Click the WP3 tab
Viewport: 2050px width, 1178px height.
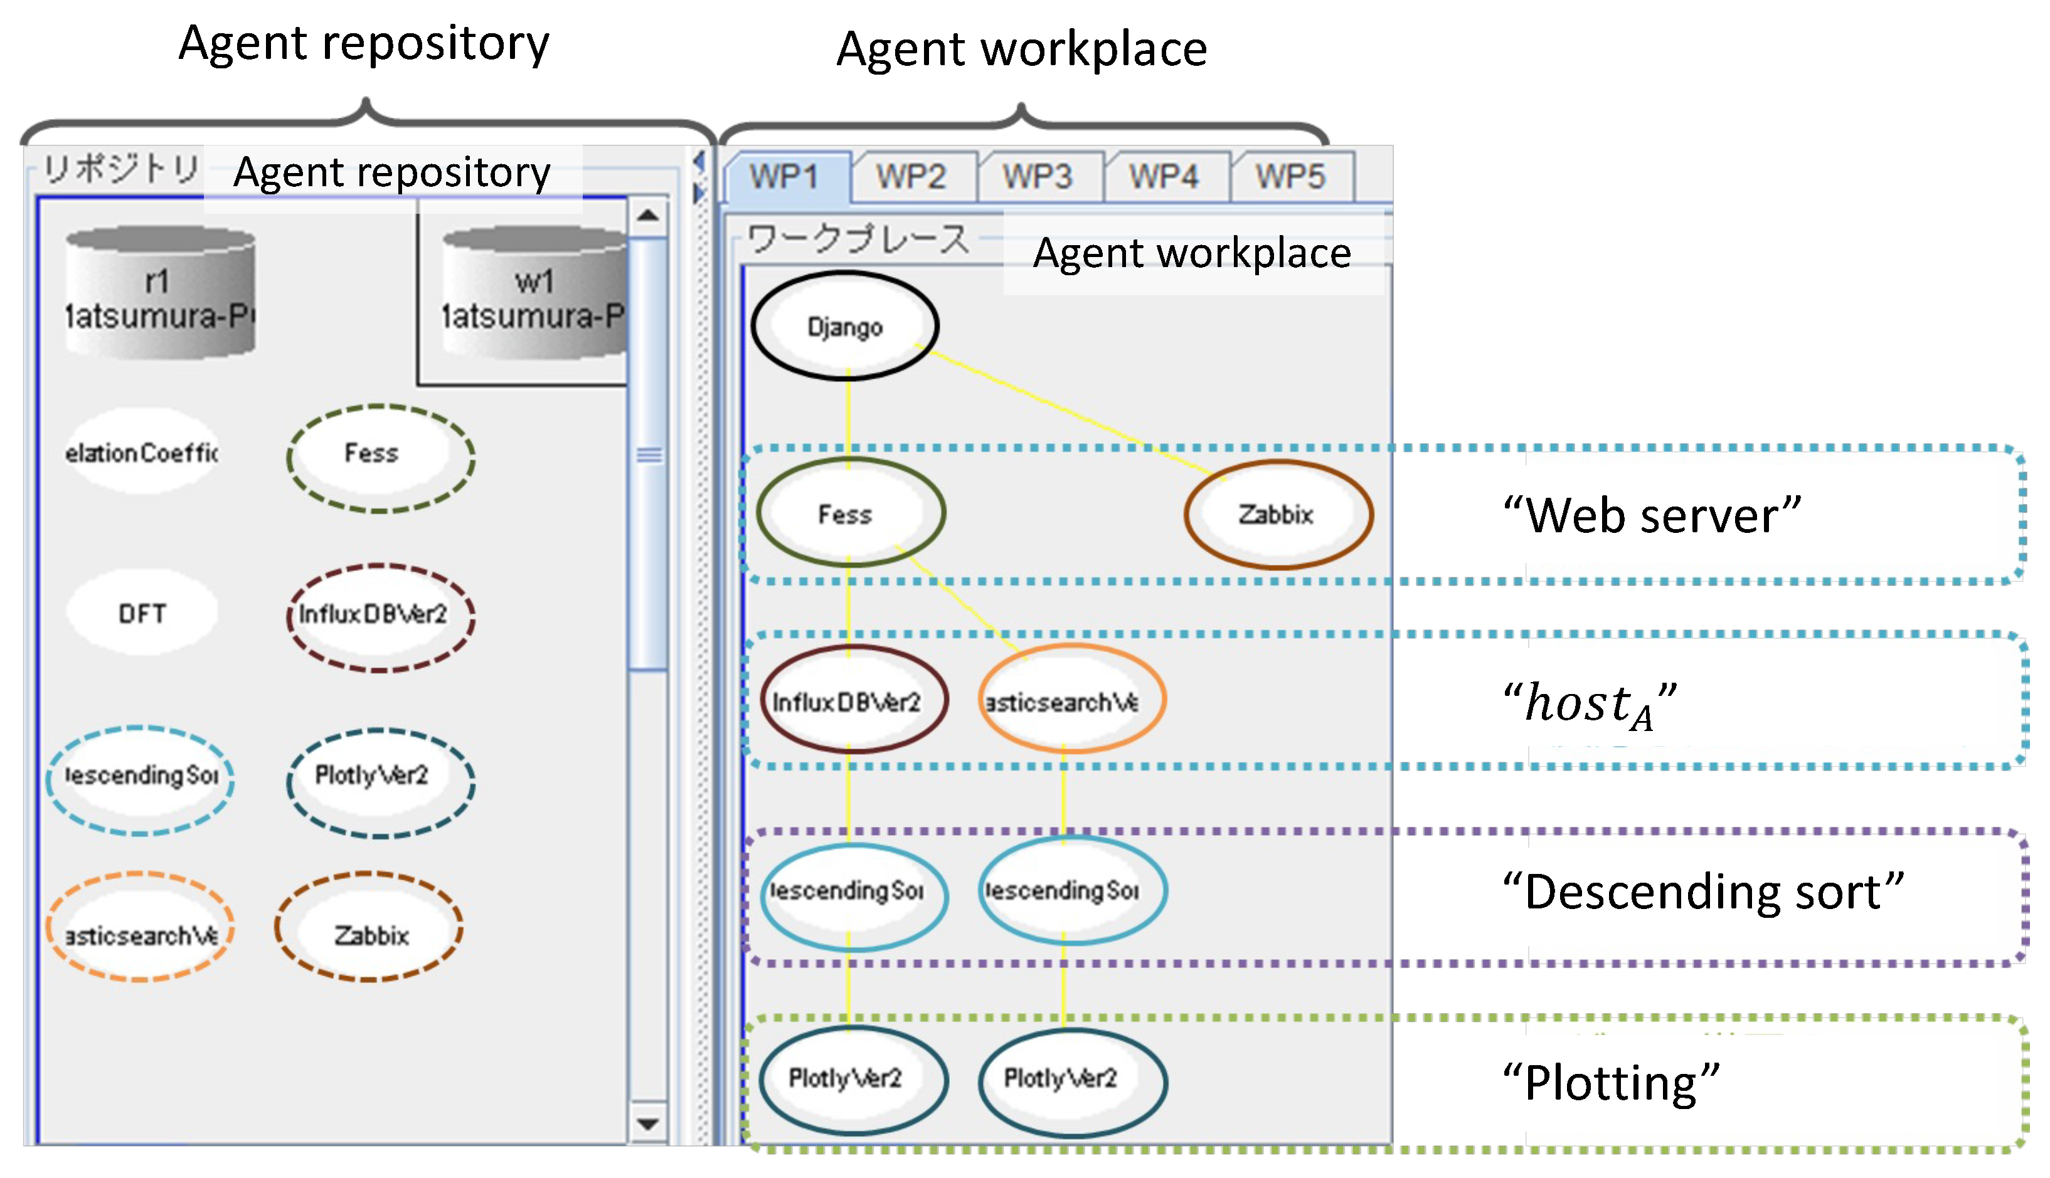(1038, 176)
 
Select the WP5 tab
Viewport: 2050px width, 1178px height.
(1290, 176)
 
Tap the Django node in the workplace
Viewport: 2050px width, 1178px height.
(845, 326)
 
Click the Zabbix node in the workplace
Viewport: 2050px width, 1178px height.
(1277, 513)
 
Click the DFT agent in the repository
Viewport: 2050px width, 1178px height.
(142, 613)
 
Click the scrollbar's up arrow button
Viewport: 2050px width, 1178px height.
(647, 215)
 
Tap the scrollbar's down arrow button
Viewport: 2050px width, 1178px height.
(647, 1123)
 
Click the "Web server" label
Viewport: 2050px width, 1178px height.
(1651, 515)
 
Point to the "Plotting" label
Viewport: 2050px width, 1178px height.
(1610, 1083)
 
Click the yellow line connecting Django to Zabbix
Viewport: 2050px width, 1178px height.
(1068, 413)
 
